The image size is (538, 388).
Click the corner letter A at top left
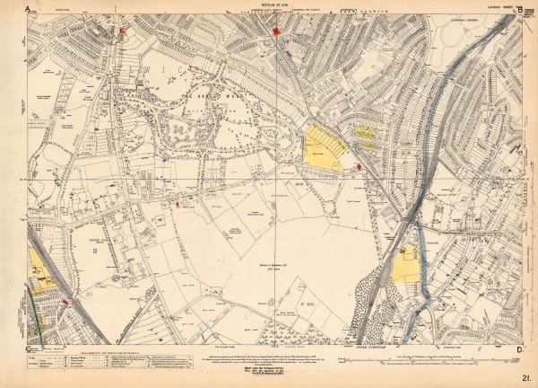[x=28, y=9]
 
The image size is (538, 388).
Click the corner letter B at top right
[x=507, y=9]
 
